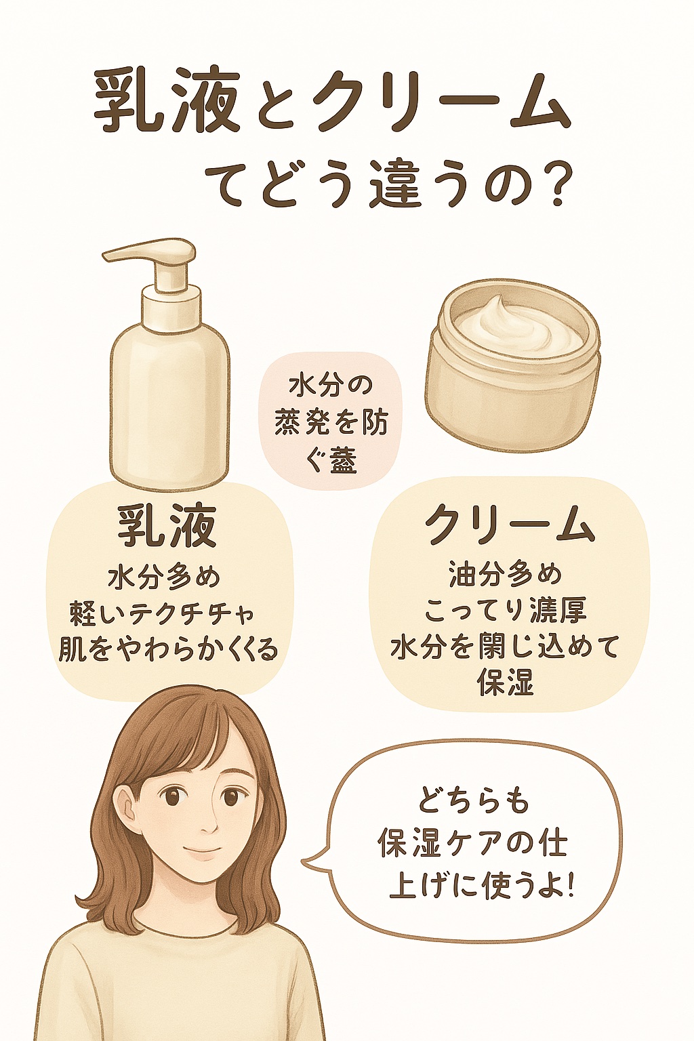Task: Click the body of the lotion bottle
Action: (x=169, y=400)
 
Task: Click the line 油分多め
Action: (x=506, y=575)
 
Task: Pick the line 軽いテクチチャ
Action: (x=163, y=614)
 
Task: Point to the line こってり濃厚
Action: (x=506, y=610)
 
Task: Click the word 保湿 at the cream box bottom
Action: (x=506, y=682)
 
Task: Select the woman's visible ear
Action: (x=125, y=807)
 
